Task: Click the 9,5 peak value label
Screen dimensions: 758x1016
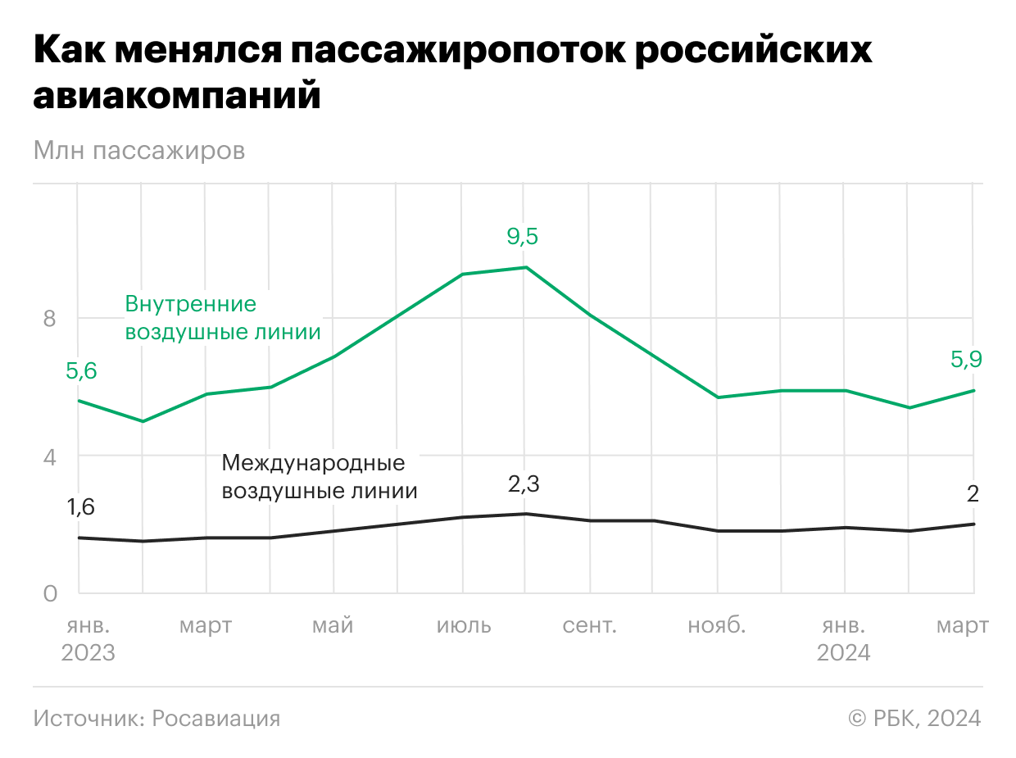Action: click(x=524, y=237)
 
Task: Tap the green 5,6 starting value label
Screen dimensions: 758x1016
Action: click(x=81, y=371)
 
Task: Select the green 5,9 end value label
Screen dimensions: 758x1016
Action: click(x=967, y=359)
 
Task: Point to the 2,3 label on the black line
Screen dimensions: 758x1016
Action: click(x=524, y=484)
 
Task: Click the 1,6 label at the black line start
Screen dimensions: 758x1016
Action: click(x=81, y=507)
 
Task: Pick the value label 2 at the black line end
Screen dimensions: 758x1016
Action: click(x=973, y=494)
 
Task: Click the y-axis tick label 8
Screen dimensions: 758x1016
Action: click(x=50, y=318)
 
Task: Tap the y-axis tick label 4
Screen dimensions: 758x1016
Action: click(x=50, y=456)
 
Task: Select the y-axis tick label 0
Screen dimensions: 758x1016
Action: click(x=50, y=593)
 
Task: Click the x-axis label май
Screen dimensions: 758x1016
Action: click(x=333, y=626)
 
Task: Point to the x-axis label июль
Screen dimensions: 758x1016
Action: click(x=464, y=626)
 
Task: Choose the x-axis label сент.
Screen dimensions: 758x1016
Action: click(x=590, y=626)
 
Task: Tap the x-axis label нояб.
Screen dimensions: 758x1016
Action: click(x=717, y=626)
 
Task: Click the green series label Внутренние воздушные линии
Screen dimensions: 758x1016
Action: click(x=221, y=318)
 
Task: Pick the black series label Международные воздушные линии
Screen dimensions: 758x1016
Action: click(x=320, y=477)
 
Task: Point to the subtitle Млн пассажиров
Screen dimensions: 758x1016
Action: click(x=139, y=152)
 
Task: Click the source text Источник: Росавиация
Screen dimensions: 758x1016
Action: click(x=156, y=719)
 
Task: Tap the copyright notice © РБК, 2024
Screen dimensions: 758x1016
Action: click(x=914, y=719)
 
